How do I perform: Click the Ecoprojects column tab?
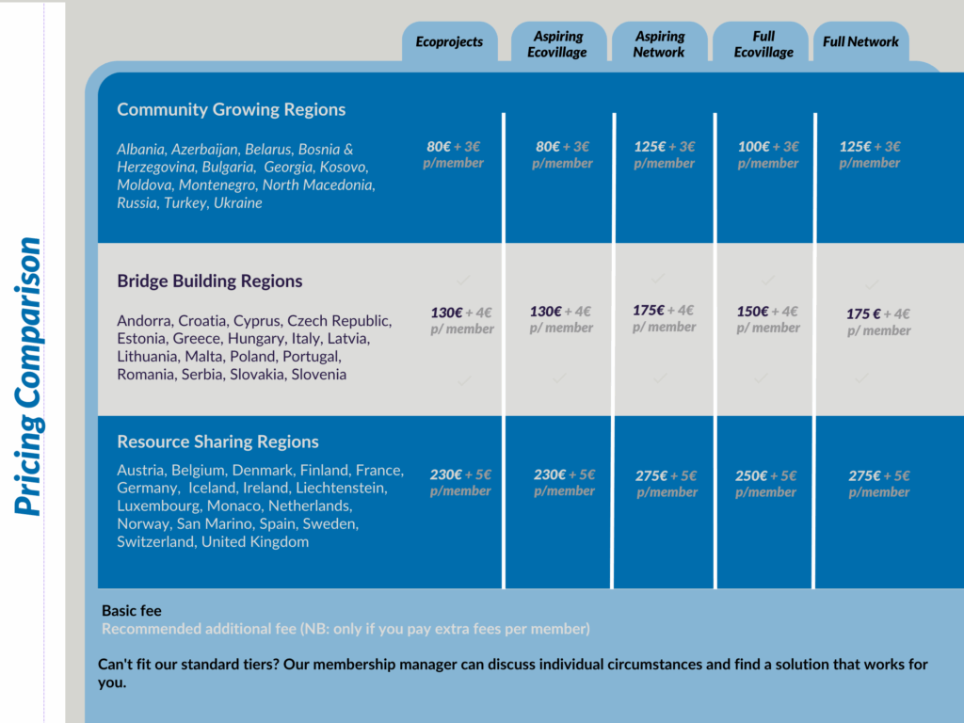click(449, 41)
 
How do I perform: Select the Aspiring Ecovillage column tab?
click(557, 44)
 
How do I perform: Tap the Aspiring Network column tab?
click(659, 44)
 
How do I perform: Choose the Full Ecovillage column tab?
click(763, 44)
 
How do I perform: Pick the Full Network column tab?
click(860, 41)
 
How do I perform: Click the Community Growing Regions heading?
click(231, 109)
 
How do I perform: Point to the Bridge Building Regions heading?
click(209, 281)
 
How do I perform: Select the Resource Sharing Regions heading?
click(217, 442)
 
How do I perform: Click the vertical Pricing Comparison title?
click(29, 377)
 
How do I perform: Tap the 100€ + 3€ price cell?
click(768, 154)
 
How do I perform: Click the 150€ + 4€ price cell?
click(767, 319)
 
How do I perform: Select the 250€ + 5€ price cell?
click(766, 483)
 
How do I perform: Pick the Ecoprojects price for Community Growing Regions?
click(454, 154)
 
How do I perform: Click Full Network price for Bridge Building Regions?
click(878, 322)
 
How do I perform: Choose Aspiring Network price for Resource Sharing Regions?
click(666, 483)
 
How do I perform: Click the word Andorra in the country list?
click(144, 320)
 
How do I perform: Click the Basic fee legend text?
click(132, 611)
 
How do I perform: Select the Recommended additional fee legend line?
click(345, 629)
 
